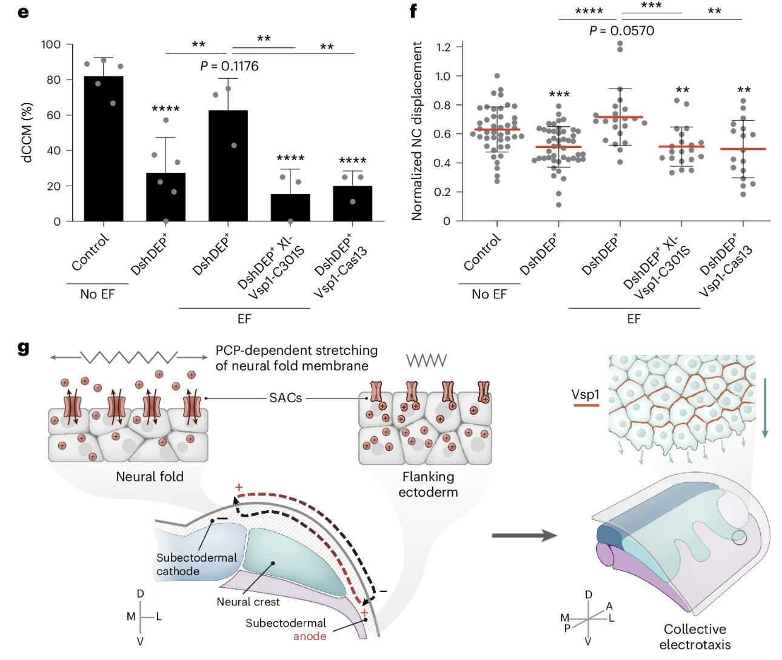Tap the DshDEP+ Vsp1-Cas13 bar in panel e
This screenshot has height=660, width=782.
pyautogui.click(x=352, y=203)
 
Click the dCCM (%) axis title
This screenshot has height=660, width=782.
pyautogui.click(x=28, y=132)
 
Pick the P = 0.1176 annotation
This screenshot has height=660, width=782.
pyautogui.click(x=229, y=66)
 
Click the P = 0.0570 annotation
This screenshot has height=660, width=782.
pyautogui.click(x=621, y=30)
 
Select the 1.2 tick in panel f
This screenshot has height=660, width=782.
pyautogui.click(x=446, y=47)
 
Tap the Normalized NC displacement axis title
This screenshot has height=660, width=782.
pyautogui.click(x=417, y=130)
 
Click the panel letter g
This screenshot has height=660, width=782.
pyautogui.click(x=23, y=349)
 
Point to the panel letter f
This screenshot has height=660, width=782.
pyautogui.click(x=413, y=12)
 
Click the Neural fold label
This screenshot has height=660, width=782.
pyautogui.click(x=150, y=476)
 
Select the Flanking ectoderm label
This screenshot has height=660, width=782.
pyautogui.click(x=427, y=484)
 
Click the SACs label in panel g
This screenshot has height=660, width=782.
pyautogui.click(x=286, y=398)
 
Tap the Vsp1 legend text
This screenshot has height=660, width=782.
pyautogui.click(x=585, y=394)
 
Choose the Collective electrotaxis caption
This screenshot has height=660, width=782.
pyautogui.click(x=695, y=636)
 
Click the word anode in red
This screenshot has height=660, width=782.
pyautogui.click(x=310, y=636)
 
